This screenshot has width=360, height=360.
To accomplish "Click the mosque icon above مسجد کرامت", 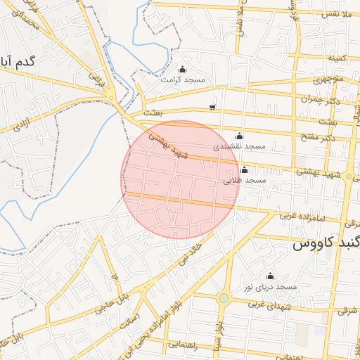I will pos(183,69).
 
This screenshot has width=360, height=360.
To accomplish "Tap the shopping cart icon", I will pos(212,108).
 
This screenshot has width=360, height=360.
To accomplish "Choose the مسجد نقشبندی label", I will pos(240,146).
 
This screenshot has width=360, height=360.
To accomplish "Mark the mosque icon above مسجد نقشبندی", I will pos(239,136).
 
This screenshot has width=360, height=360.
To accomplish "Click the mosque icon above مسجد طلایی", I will pos(244,169).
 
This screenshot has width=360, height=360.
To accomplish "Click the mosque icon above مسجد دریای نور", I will pos(270,276).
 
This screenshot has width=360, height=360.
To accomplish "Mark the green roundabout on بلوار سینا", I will pos(224,298).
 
